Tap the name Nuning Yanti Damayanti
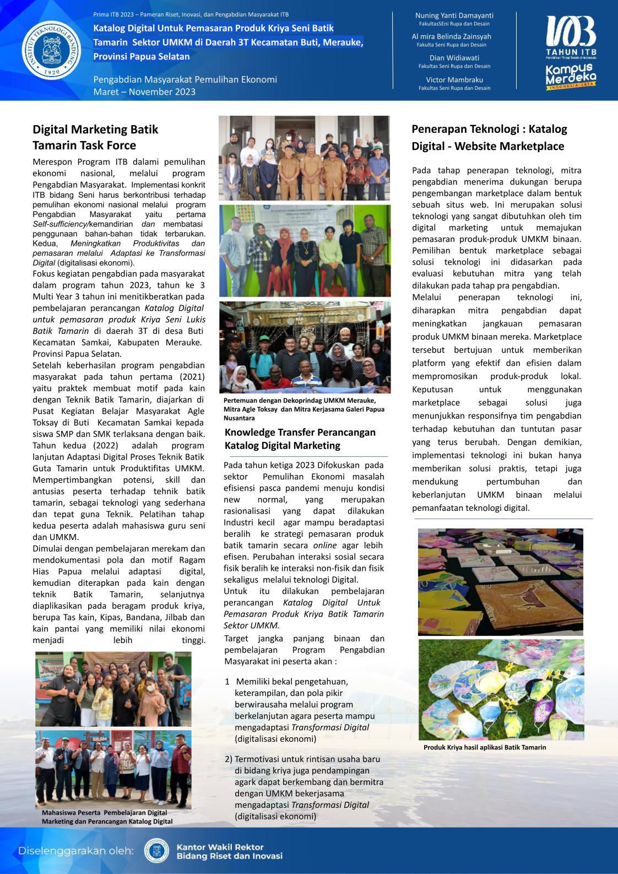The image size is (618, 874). (x=454, y=15)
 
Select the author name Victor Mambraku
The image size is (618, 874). (x=454, y=79)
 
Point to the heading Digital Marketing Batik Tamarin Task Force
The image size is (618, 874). (x=95, y=137)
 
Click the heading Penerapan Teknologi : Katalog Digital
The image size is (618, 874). (x=489, y=137)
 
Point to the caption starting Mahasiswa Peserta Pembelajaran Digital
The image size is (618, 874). (x=107, y=817)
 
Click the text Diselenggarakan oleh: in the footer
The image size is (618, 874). (x=77, y=850)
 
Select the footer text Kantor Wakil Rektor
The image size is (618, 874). (x=220, y=847)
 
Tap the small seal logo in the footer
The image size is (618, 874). (x=156, y=851)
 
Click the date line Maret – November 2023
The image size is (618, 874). (x=144, y=91)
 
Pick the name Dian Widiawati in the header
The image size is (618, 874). (x=454, y=57)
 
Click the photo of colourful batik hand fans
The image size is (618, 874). (x=500, y=689)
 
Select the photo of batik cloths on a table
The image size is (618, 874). (x=500, y=582)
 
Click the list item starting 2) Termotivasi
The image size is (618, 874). (x=304, y=787)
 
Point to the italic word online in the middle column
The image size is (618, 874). (x=324, y=545)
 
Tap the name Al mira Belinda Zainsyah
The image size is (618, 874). (x=454, y=36)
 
